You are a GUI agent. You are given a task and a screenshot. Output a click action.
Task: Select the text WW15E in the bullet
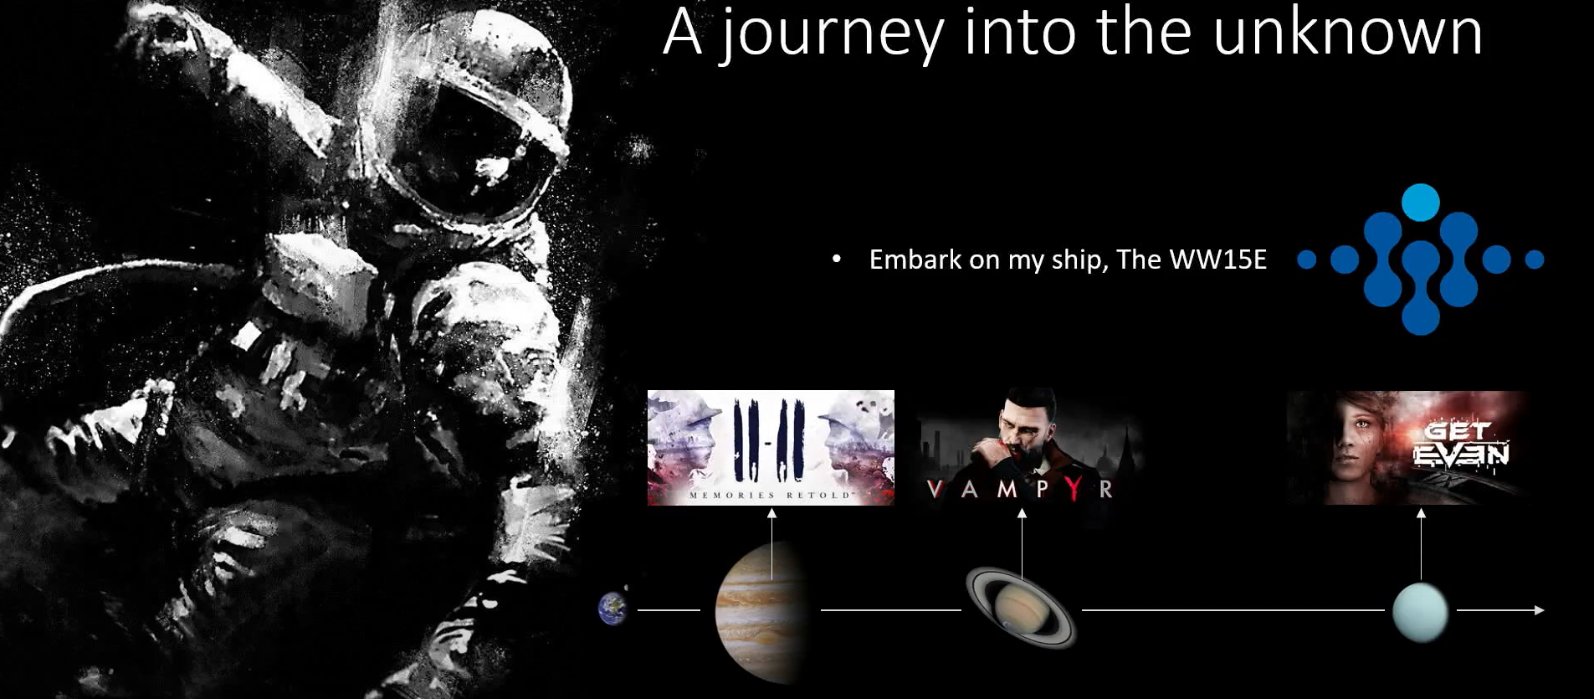point(1218,260)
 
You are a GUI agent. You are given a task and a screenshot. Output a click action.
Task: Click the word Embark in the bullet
point(915,260)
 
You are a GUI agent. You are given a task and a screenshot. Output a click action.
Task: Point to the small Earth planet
point(612,609)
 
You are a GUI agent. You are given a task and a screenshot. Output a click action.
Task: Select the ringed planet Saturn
point(1021,608)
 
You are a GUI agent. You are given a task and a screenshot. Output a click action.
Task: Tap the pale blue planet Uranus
point(1420,612)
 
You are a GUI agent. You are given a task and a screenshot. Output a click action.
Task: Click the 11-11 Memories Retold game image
point(771,448)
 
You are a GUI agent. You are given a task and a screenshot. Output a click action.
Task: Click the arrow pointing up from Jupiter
point(771,544)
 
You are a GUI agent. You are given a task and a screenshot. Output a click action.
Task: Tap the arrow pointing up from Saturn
point(1022,544)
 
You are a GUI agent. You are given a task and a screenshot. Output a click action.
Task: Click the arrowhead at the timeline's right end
point(1539,610)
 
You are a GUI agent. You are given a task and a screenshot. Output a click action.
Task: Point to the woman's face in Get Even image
point(1348,448)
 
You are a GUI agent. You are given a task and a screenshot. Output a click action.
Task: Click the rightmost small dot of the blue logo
point(1535,260)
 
